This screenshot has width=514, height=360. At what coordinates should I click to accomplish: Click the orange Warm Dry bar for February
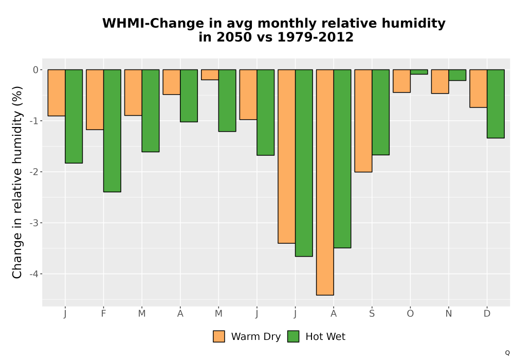(95, 100)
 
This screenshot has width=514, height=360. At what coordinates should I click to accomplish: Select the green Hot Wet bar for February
(112, 131)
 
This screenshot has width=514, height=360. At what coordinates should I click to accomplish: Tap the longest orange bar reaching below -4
(325, 182)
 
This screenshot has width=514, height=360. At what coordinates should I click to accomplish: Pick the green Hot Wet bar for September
(380, 112)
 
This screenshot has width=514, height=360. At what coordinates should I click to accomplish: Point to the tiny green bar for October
(419, 72)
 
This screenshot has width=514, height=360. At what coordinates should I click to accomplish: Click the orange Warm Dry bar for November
(440, 82)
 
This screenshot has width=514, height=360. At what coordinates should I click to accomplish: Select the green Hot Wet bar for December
(495, 104)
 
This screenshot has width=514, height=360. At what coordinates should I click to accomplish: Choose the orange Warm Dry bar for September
(363, 121)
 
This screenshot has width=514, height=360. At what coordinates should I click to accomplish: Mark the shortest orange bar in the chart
(210, 75)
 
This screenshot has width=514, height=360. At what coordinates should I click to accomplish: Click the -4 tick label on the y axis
(34, 274)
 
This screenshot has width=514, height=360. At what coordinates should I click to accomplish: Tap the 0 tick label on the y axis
(36, 69)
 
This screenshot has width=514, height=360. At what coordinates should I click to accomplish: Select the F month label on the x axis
(104, 314)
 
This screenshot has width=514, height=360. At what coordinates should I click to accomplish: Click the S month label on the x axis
(372, 314)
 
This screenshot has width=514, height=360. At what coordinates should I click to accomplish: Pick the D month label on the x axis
(487, 314)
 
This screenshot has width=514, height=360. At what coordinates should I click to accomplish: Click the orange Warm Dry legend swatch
(219, 336)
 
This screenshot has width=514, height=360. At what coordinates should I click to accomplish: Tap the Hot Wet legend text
(325, 337)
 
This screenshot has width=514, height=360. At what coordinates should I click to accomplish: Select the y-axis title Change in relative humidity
(17, 182)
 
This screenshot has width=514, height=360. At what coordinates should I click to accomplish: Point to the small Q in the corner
(507, 353)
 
